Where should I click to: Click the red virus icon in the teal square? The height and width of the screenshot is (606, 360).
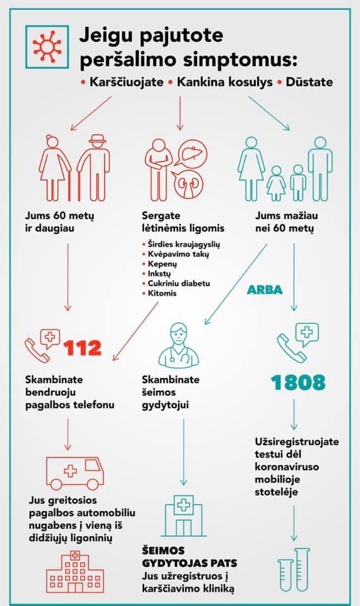47,47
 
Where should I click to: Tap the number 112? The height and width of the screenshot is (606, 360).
83,348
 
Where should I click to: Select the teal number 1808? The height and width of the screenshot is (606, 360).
298,381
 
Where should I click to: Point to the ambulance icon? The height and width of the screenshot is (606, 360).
75,472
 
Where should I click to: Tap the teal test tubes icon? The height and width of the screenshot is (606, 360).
294,568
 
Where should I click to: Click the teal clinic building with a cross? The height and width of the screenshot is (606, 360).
185,514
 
